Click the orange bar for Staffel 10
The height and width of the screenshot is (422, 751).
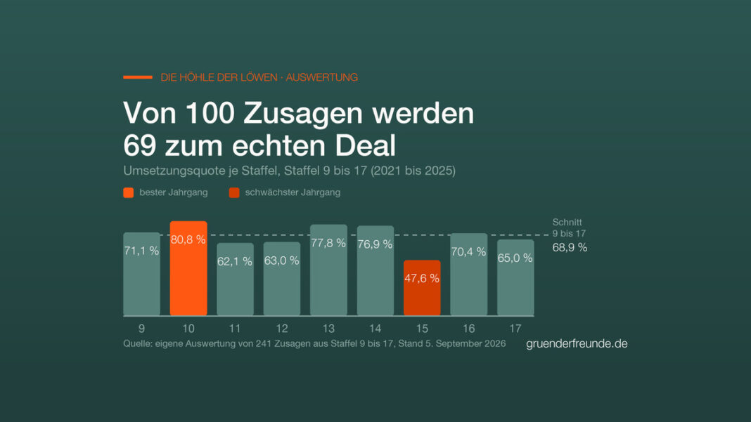click(188, 268)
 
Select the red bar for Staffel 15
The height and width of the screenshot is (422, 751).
click(422, 288)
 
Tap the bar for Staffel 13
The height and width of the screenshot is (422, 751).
click(328, 270)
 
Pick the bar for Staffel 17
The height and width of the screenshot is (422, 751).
click(515, 278)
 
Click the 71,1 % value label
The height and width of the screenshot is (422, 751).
click(141, 251)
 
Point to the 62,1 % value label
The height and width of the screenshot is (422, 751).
click(235, 261)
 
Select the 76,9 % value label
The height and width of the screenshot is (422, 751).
click(375, 244)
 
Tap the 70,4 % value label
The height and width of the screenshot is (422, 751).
click(468, 251)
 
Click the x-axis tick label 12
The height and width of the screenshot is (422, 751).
click(281, 329)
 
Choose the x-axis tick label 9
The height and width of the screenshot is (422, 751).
click(141, 329)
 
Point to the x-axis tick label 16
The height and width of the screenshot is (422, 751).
click(468, 329)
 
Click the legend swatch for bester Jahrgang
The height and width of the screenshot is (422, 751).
click(129, 193)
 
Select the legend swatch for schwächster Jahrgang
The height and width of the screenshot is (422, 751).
click(234, 193)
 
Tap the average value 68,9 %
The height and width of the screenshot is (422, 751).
click(570, 248)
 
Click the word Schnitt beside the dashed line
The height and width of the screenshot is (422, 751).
click(567, 223)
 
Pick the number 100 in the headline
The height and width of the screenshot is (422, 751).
click(210, 113)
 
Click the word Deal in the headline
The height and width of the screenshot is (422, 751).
click(365, 145)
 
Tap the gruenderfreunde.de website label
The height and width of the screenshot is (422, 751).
click(577, 343)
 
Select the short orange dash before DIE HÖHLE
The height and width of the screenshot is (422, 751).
click(138, 77)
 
